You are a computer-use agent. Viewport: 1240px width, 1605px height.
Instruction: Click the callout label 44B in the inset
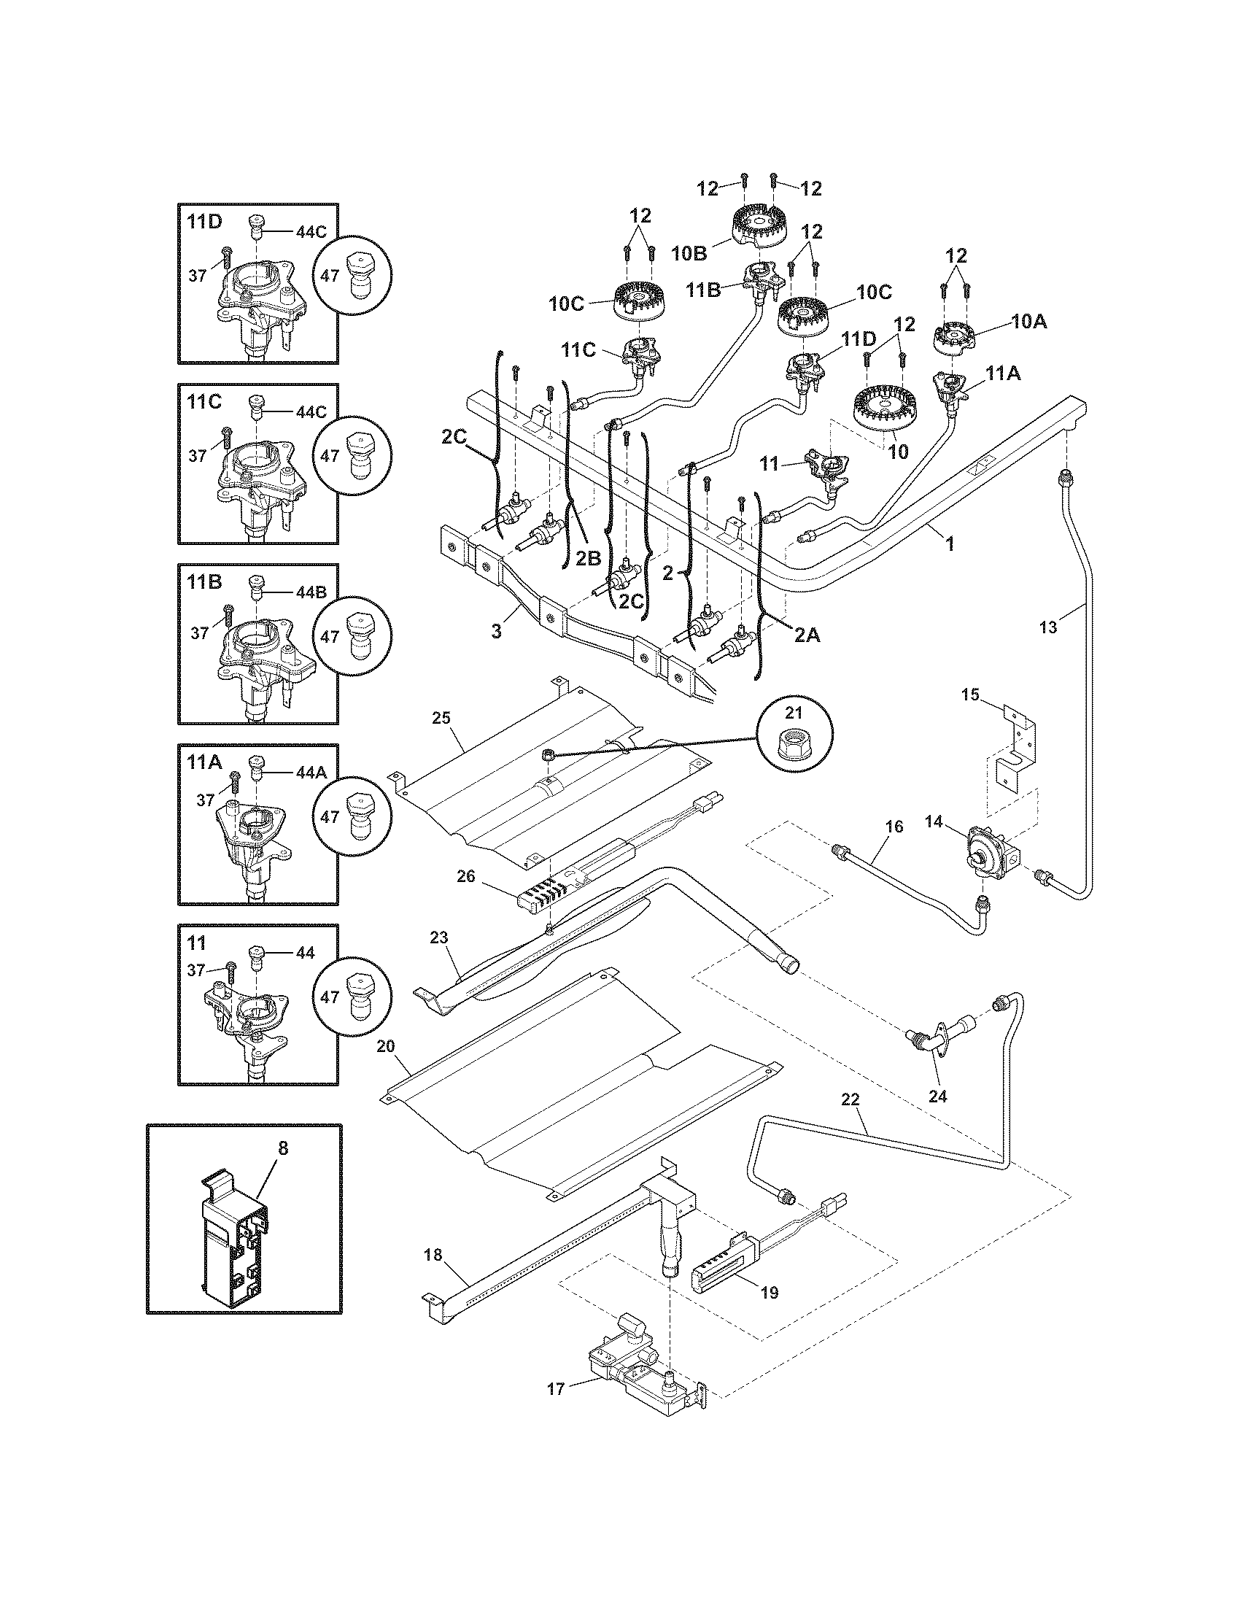(311, 592)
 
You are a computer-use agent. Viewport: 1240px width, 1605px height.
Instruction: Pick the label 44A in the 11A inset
(311, 773)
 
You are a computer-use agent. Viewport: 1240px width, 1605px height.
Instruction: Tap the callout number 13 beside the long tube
(1048, 627)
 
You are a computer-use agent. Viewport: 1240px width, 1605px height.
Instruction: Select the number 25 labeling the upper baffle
(441, 718)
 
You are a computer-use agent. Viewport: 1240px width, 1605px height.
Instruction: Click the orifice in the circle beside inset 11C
(359, 455)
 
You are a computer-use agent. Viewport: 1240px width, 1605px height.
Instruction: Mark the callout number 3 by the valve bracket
(497, 631)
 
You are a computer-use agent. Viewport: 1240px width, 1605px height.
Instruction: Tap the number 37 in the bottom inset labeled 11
(196, 971)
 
